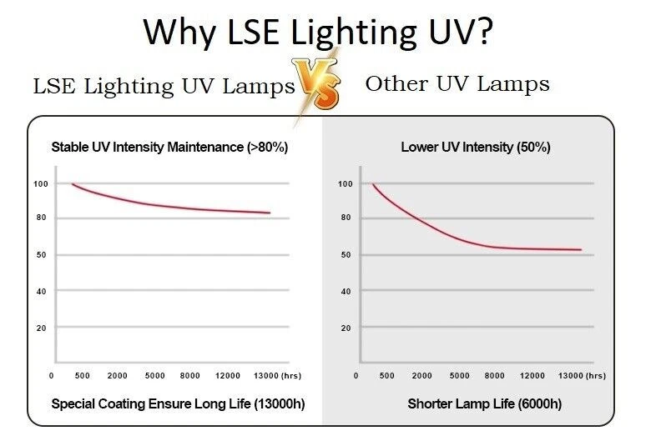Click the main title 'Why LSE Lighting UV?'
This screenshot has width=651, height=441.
coord(317,32)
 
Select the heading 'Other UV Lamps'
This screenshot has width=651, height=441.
coord(457,83)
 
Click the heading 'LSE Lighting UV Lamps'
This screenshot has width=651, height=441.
coord(164,86)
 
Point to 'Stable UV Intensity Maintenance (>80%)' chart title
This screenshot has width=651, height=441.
coord(169,148)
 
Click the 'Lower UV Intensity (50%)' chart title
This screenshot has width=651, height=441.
coord(476,148)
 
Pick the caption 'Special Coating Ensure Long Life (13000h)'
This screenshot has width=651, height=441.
coord(178,404)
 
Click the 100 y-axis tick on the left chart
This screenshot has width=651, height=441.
coord(40,183)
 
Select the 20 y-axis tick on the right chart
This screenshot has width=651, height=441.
coord(345,328)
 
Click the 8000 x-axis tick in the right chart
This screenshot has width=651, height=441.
coord(495,376)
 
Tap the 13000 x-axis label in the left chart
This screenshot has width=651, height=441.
coord(263,376)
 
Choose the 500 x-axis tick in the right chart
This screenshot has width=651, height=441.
coord(388,376)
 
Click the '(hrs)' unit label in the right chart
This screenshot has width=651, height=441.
coord(596,376)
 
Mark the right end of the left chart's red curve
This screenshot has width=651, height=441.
coord(270,213)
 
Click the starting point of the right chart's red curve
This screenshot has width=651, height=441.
coord(372,184)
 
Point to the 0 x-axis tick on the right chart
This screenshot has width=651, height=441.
coord(356,376)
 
